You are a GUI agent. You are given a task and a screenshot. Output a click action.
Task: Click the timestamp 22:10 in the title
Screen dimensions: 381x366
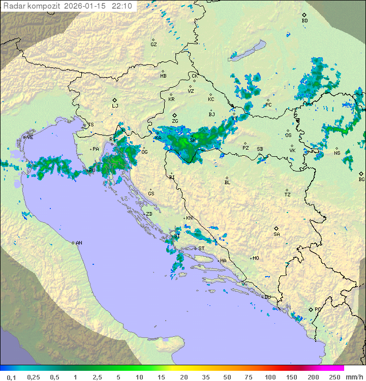click(x=122, y=6)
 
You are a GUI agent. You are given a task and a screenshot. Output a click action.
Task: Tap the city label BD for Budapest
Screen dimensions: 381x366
click(x=304, y=21)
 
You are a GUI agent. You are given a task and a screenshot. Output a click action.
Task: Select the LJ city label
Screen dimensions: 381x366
click(x=115, y=106)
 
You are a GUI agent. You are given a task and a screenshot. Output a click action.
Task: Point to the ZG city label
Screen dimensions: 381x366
click(x=175, y=121)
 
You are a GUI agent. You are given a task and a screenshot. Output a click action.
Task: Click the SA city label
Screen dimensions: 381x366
click(x=277, y=234)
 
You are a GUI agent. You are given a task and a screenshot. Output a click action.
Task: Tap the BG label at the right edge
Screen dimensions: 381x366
click(x=361, y=179)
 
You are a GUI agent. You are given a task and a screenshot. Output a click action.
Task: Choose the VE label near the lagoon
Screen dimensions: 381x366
click(x=30, y=137)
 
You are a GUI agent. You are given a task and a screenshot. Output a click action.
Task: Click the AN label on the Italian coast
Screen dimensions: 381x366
click(x=79, y=243)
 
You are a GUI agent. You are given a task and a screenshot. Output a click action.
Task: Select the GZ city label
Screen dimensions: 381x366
click(x=154, y=44)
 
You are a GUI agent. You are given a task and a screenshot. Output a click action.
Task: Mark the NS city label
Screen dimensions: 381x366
click(x=337, y=153)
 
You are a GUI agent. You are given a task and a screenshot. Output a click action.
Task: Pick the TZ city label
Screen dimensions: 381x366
click(x=288, y=194)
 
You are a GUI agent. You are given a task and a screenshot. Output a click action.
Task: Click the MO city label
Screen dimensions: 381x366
click(x=256, y=258)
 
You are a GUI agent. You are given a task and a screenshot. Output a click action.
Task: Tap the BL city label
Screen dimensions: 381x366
click(x=227, y=182)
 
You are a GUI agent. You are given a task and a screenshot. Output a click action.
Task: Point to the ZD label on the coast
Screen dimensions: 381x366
click(x=149, y=214)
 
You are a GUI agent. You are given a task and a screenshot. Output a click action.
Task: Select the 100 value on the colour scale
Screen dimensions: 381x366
click(x=270, y=377)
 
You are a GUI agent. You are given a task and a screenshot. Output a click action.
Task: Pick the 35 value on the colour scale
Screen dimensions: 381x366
click(x=206, y=377)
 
